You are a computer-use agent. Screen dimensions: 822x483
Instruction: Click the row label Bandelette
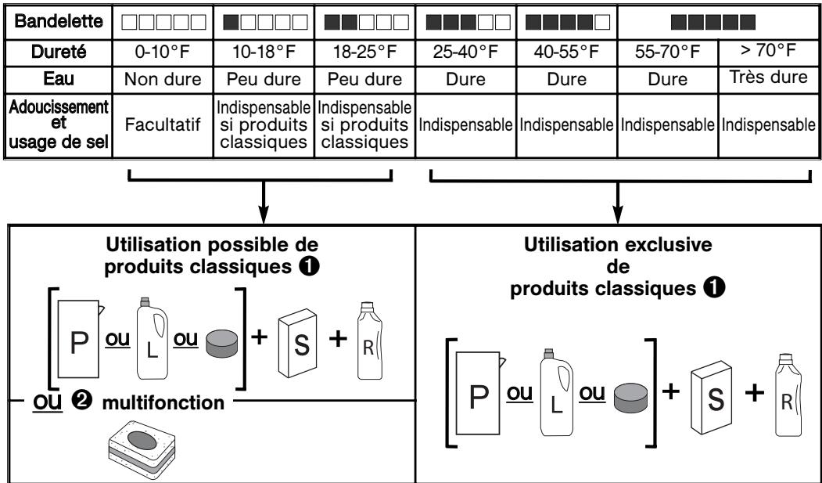coord(59,21)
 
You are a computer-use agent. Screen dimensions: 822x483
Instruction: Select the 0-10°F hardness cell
coord(163,52)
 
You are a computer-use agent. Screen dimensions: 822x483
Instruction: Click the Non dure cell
coord(163,79)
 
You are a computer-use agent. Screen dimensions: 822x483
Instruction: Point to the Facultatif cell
coord(163,124)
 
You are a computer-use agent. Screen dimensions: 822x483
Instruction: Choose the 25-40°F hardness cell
coord(466,52)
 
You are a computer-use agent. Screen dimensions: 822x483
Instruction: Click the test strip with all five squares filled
coord(713,22)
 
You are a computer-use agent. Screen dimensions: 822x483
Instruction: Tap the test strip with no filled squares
coord(163,22)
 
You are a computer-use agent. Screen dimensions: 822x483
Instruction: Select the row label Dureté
coord(59,52)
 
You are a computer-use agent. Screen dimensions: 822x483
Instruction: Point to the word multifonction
coord(163,403)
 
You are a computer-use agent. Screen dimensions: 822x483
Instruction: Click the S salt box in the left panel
coord(298,344)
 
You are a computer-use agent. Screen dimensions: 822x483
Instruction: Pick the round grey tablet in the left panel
coord(222,344)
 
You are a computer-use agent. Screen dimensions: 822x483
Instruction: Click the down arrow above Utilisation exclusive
coord(618,203)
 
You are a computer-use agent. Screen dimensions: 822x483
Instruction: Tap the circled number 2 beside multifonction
coord(84,401)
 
